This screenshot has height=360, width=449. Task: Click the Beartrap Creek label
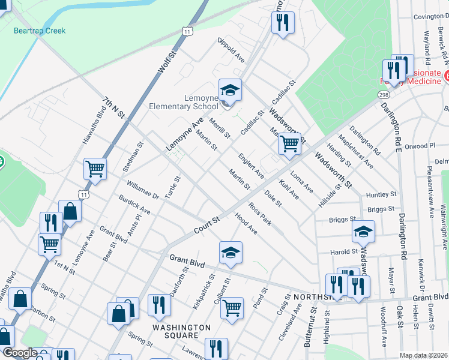click(40, 31)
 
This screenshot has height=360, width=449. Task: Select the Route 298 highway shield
click(383, 95)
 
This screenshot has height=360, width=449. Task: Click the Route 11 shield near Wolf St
click(188, 31)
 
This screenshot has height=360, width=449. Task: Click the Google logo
click(20, 353)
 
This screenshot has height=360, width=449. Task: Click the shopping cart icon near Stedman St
click(95, 170)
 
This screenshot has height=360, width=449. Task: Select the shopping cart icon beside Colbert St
click(232, 308)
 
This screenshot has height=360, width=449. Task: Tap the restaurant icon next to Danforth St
click(159, 305)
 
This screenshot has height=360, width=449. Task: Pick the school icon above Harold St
click(363, 232)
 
